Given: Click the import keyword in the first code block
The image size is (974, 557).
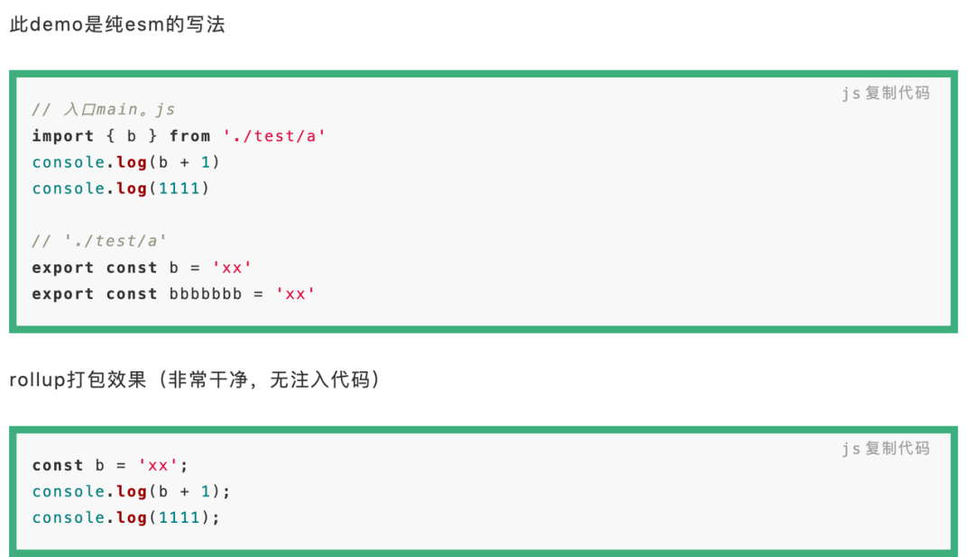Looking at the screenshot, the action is (63, 136).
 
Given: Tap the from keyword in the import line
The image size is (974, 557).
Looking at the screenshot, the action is (189, 136).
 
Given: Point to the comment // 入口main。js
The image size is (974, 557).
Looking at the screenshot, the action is (103, 110).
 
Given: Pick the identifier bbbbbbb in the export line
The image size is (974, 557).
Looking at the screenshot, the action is (206, 294).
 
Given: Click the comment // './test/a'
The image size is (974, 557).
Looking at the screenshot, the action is (99, 242).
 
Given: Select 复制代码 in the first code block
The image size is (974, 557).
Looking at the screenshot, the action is (897, 93).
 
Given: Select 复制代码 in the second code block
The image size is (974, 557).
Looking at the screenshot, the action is (897, 448).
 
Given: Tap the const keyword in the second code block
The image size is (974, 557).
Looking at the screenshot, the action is (58, 466).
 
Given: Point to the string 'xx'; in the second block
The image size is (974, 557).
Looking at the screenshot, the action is (163, 466).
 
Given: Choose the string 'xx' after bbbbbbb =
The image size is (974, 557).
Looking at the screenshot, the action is (295, 294).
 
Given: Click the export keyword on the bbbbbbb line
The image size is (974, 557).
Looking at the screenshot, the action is (63, 294).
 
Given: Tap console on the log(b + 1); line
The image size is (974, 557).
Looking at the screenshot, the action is (69, 491).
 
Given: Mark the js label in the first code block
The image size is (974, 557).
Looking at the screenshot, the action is (850, 93).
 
